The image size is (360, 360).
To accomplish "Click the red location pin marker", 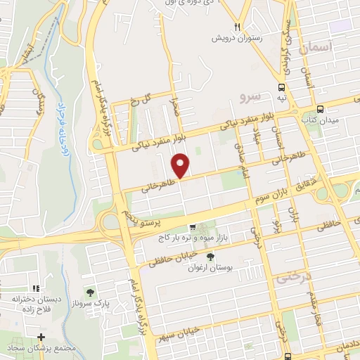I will click(x=181, y=165).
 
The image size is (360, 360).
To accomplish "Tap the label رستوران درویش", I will click(x=239, y=39).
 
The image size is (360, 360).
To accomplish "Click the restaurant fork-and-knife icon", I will click(x=239, y=27).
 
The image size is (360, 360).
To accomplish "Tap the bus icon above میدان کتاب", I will click(x=320, y=110).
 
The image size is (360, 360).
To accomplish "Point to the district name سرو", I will click(x=250, y=95).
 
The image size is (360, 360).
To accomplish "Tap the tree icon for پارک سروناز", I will click(x=89, y=291).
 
